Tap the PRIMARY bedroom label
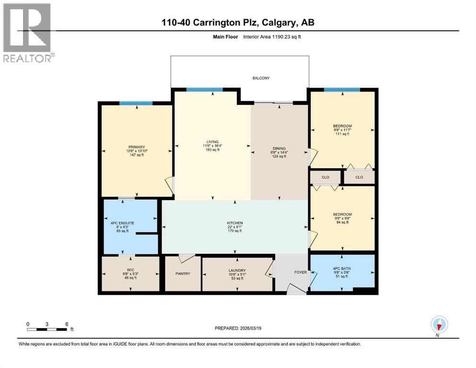[x=136, y=147]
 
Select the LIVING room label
[x=212, y=142]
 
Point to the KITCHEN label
[x=235, y=223]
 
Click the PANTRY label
[x=183, y=274]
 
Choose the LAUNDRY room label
[x=237, y=270]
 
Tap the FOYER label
[x=300, y=272]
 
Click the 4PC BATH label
[x=342, y=262]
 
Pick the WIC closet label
[x=129, y=270]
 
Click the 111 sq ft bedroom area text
[x=342, y=134]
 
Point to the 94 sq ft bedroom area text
[x=342, y=222]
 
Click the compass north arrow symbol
[x=439, y=325]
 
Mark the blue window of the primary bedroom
[x=136, y=103]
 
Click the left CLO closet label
[x=325, y=177]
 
